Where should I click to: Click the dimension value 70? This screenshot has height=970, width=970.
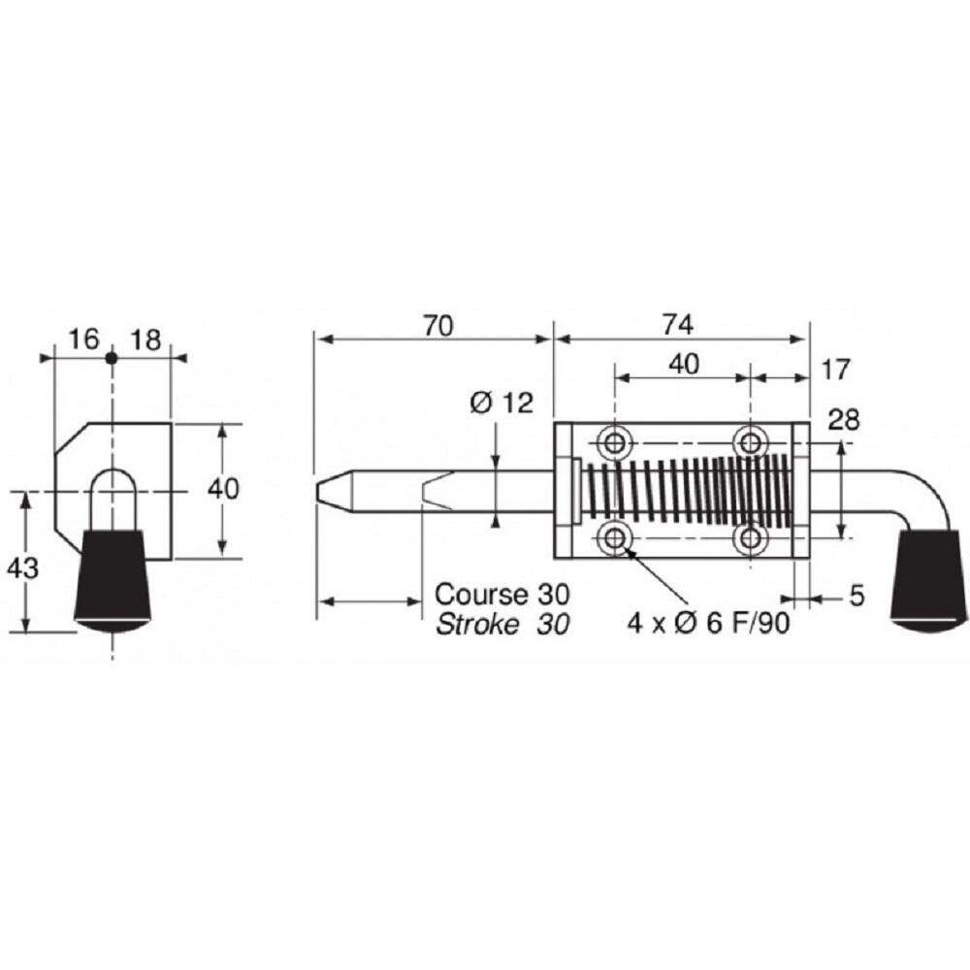click(438, 325)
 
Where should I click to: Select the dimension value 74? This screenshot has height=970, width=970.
click(678, 325)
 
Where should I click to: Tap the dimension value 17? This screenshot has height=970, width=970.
click(836, 370)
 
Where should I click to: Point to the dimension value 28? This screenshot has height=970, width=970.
click(844, 419)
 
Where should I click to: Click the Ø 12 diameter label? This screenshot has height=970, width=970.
click(501, 403)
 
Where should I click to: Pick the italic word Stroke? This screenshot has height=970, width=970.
click(477, 625)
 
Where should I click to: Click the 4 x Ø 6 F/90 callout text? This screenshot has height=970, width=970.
click(709, 624)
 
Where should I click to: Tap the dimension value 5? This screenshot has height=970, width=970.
click(857, 597)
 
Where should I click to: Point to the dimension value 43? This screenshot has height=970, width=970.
click(23, 567)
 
